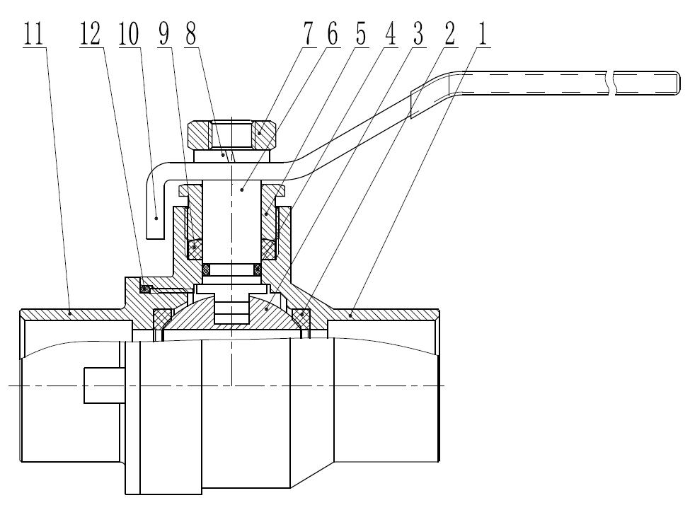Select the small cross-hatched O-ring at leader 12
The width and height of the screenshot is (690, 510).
click(x=145, y=288)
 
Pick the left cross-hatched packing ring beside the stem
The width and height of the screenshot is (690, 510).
click(x=195, y=248)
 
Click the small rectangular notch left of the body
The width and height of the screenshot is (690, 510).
click(x=104, y=386)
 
